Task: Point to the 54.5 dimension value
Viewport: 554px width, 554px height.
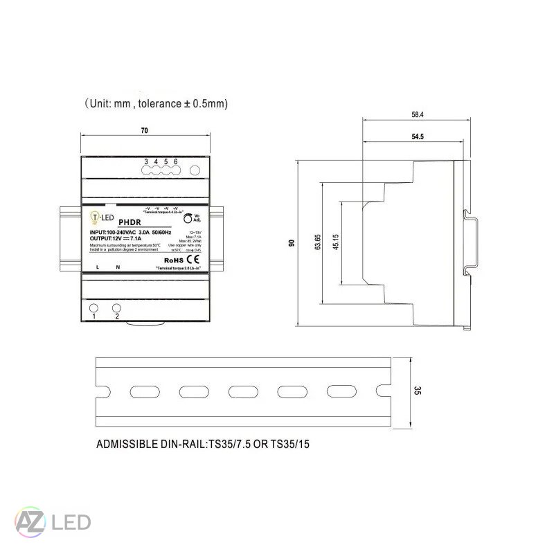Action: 417,137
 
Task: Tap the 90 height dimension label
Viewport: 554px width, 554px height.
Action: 292,243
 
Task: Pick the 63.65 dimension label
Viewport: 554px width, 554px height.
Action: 318,243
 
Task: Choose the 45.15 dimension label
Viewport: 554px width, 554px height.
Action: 336,243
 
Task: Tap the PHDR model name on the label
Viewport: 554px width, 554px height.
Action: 129,222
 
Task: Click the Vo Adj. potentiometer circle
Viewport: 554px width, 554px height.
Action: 188,218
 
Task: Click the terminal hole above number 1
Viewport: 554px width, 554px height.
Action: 93,307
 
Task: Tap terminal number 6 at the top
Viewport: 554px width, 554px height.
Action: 176,161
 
